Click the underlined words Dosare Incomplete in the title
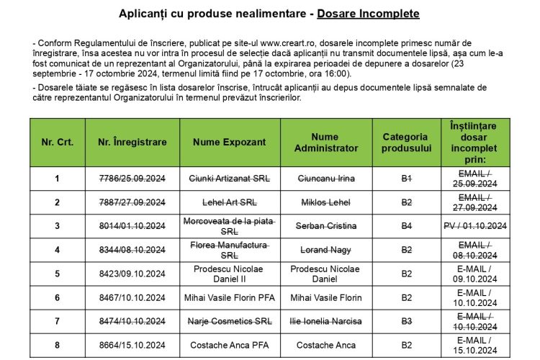pos(374,14)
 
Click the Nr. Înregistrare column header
pos(132,142)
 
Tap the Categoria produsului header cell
pos(405,142)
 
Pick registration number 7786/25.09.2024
pos(132,178)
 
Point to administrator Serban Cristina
pos(325,226)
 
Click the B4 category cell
pos(405,226)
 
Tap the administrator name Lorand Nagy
pos(325,250)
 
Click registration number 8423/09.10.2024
pos(132,274)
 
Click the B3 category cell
pos(405,321)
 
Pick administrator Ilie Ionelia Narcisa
pos(325,321)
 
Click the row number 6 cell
pos(57,297)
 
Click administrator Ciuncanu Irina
pos(325,178)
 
